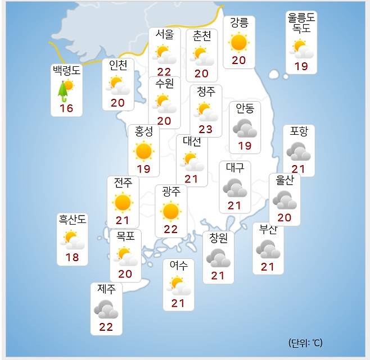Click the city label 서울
165,35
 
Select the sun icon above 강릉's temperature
238,42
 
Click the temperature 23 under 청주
205,130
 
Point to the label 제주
106,290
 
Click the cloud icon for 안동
245,127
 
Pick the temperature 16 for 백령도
66,108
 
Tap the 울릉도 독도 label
301,22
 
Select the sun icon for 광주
170,211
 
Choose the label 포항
299,131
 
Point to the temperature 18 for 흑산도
73,258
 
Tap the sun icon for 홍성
143,151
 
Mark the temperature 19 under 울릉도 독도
301,66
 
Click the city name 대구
234,167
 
